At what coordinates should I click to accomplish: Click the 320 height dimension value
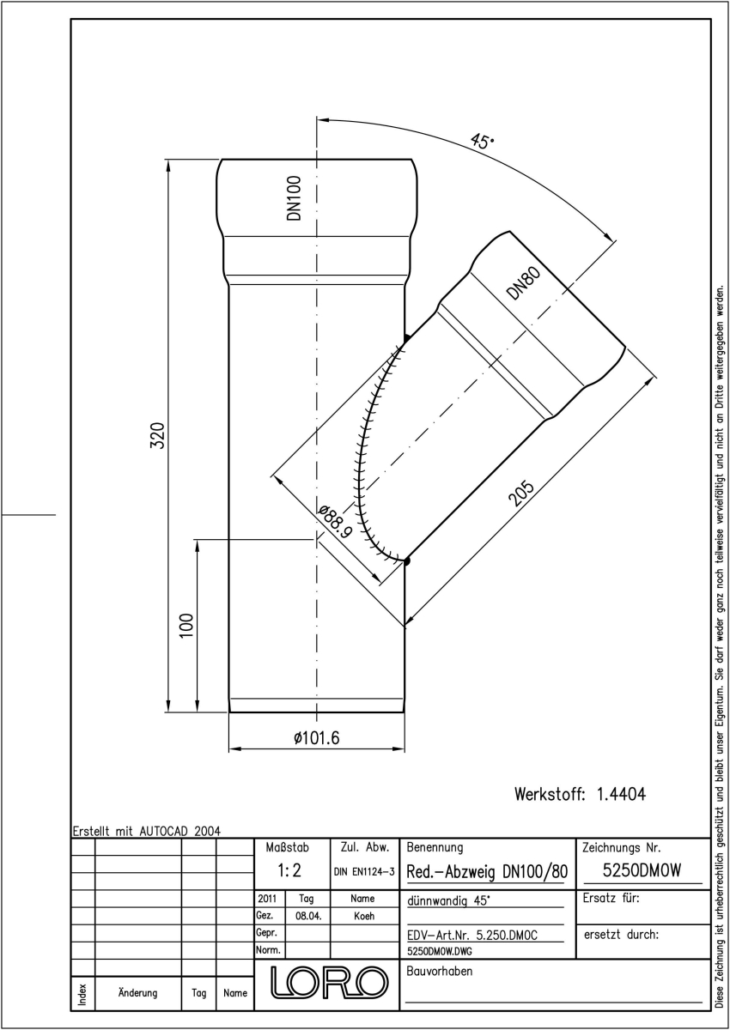pos(158,435)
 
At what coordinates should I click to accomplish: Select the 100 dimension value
pos(186,625)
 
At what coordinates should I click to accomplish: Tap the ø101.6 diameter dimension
pos(316,737)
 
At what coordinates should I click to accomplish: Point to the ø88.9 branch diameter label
pos(335,522)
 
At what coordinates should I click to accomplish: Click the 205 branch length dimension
pos(521,493)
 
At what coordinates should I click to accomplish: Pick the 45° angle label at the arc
pos(482,141)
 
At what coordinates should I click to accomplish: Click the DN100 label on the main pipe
pos(294,197)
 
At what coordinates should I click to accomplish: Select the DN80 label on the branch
pos(523,283)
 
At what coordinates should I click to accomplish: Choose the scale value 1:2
pos(289,870)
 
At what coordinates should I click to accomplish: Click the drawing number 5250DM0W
pos(642,870)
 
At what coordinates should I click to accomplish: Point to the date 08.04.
pos(308,916)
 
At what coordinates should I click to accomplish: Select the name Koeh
pos(364,916)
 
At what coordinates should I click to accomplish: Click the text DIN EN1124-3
pos(364,872)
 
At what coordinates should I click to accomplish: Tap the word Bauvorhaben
pos(439,971)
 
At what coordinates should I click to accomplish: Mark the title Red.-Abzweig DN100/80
pos(487,871)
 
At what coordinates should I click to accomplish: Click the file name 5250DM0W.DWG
pos(439,951)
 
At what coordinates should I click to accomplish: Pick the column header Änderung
pos(137,992)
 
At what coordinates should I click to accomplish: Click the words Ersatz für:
pos(611,898)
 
